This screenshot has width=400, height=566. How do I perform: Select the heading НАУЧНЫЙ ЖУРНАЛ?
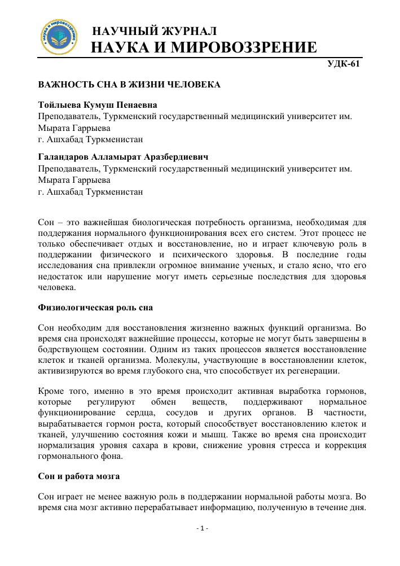click(x=154, y=31)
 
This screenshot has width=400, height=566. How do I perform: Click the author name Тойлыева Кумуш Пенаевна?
click(x=97, y=105)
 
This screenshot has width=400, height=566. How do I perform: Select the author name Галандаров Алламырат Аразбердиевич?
click(x=120, y=156)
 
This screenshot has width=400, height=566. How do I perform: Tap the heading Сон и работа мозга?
click(x=78, y=476)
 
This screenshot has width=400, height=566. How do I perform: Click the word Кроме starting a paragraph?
click(x=50, y=392)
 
